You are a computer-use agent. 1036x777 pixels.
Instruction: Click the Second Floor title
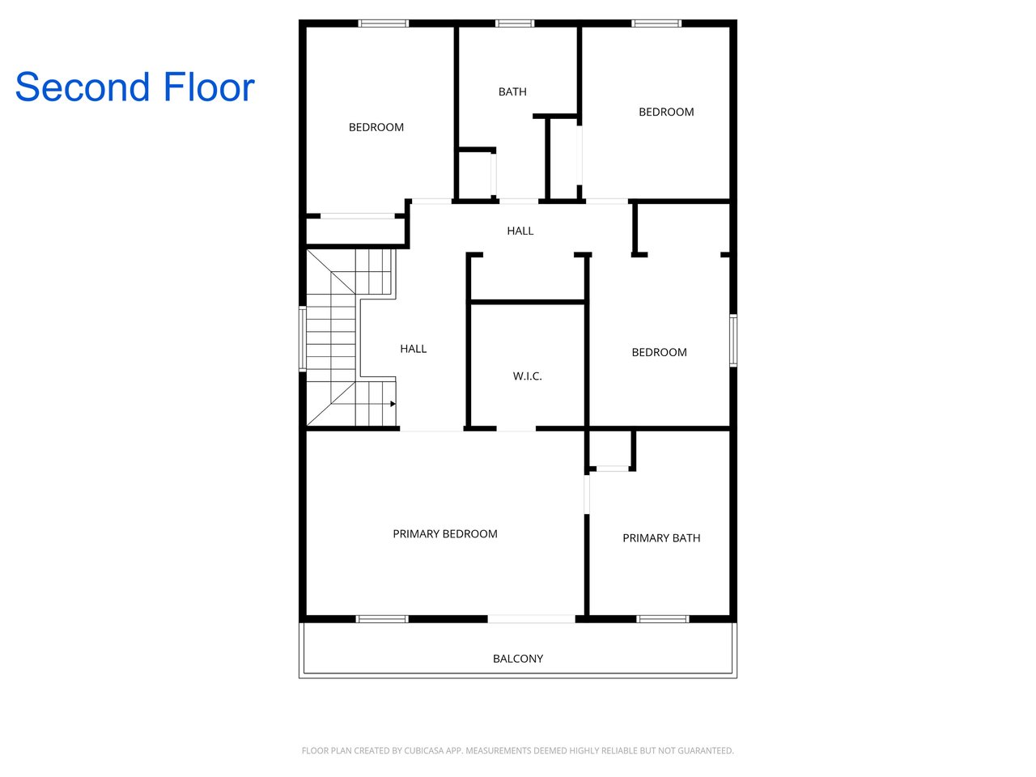(135, 87)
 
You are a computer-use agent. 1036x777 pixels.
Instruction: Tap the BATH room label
(512, 91)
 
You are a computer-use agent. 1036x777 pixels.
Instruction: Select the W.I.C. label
(527, 376)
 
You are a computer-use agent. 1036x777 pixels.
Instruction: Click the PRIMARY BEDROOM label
(445, 533)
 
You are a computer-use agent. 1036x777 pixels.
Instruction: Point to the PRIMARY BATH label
(661, 537)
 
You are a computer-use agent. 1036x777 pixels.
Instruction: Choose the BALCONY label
(518, 659)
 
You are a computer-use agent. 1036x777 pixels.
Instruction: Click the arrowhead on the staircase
(393, 404)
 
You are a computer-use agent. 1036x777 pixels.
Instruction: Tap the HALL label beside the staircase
(414, 349)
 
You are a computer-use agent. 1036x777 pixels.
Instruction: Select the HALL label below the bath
(520, 231)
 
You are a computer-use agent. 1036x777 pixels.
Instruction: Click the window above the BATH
(515, 23)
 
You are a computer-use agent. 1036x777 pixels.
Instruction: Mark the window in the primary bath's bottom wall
(663, 619)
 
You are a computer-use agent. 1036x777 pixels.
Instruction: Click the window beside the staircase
(303, 339)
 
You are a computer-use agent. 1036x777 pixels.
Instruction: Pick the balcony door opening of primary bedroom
(531, 619)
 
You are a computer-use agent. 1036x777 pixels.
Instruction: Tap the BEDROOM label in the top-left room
(376, 127)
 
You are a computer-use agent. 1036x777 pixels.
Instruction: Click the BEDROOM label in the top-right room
(666, 112)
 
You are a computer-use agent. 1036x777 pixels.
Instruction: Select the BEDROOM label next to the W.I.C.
(659, 352)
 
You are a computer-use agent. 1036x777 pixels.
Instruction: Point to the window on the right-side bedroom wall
(733, 341)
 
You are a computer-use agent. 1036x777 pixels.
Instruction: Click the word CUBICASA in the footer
(422, 750)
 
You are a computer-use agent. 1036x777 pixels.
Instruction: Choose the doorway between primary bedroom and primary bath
(587, 495)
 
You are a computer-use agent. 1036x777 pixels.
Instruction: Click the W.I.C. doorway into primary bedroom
(516, 428)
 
